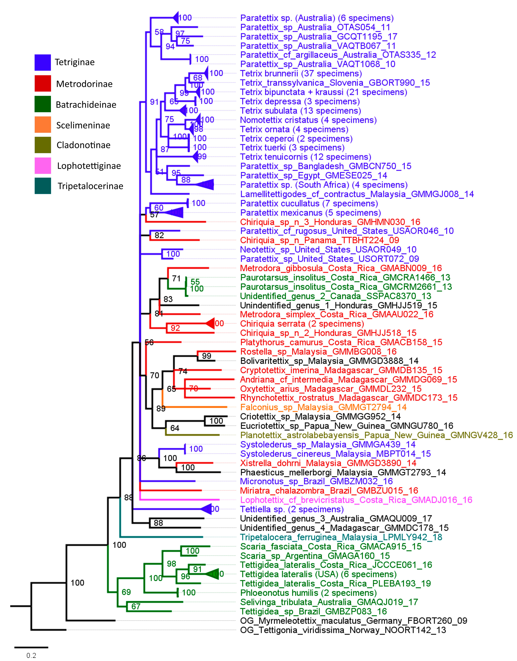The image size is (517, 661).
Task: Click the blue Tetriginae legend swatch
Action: click(x=43, y=62)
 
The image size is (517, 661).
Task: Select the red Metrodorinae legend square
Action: click(x=43, y=83)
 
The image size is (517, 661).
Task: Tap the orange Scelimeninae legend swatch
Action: click(x=43, y=124)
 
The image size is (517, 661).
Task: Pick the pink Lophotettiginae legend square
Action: click(x=43, y=166)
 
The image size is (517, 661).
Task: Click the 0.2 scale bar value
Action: click(x=31, y=655)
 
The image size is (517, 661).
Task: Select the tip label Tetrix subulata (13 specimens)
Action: click(x=301, y=111)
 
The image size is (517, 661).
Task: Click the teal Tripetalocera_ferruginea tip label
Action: click(x=341, y=537)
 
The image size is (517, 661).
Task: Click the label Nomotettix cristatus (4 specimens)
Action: click(x=308, y=120)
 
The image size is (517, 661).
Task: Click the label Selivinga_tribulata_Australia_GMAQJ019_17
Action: click(x=329, y=602)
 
